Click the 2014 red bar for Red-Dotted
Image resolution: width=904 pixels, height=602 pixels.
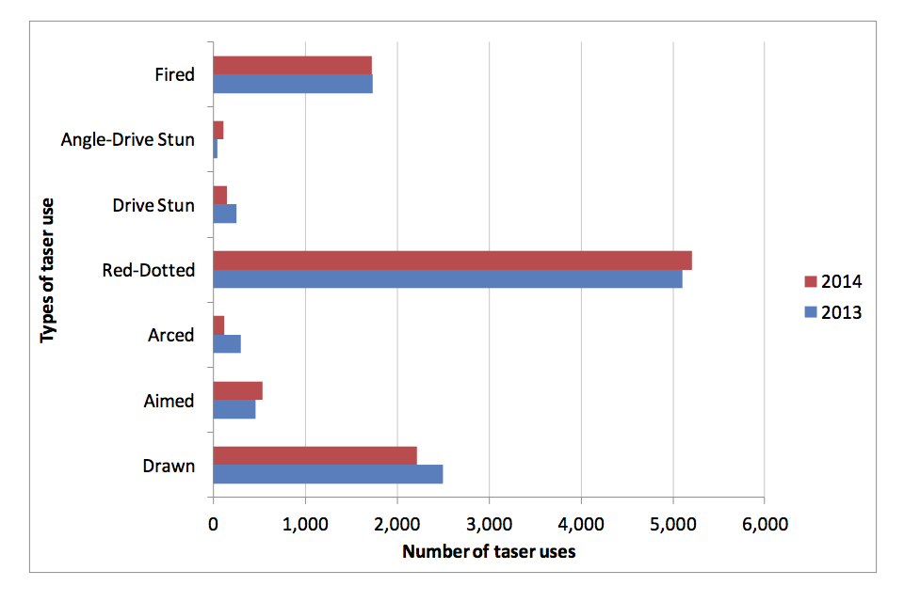452,261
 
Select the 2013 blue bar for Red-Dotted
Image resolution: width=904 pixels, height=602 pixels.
447,279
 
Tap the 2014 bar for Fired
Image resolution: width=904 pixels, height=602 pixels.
292,65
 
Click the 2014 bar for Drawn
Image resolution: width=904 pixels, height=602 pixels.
315,456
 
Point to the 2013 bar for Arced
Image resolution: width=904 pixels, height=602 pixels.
227,344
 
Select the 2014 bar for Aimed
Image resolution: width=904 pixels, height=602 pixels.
237,390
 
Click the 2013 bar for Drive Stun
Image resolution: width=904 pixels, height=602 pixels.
224,214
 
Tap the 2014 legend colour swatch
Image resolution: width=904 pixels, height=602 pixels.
810,282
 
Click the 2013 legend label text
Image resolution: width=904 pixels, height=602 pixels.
841,312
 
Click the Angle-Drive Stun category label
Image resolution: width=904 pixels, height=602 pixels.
127,140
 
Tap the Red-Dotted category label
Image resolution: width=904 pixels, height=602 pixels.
148,271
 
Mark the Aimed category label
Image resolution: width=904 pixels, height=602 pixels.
169,401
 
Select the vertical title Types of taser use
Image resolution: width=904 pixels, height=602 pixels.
47,270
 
